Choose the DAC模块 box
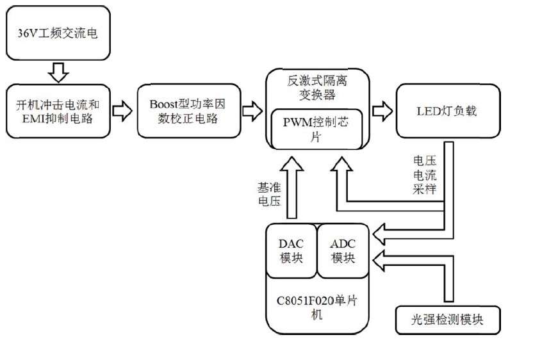(x=292, y=251)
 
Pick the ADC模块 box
(x=343, y=251)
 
